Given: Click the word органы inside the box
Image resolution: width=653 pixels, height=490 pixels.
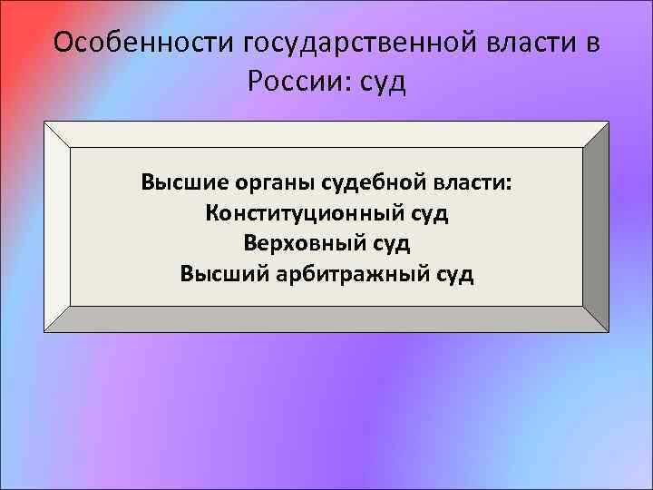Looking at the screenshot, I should pyautogui.click(x=268, y=184).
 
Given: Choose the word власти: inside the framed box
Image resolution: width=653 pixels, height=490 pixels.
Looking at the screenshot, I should pyautogui.click(x=471, y=184).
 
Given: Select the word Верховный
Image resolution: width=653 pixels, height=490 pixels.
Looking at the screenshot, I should pyautogui.click(x=294, y=243).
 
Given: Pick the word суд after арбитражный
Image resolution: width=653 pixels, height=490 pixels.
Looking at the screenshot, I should pyautogui.click(x=453, y=273).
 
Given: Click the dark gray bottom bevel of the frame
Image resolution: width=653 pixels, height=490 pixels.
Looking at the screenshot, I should pyautogui.click(x=326, y=319).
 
